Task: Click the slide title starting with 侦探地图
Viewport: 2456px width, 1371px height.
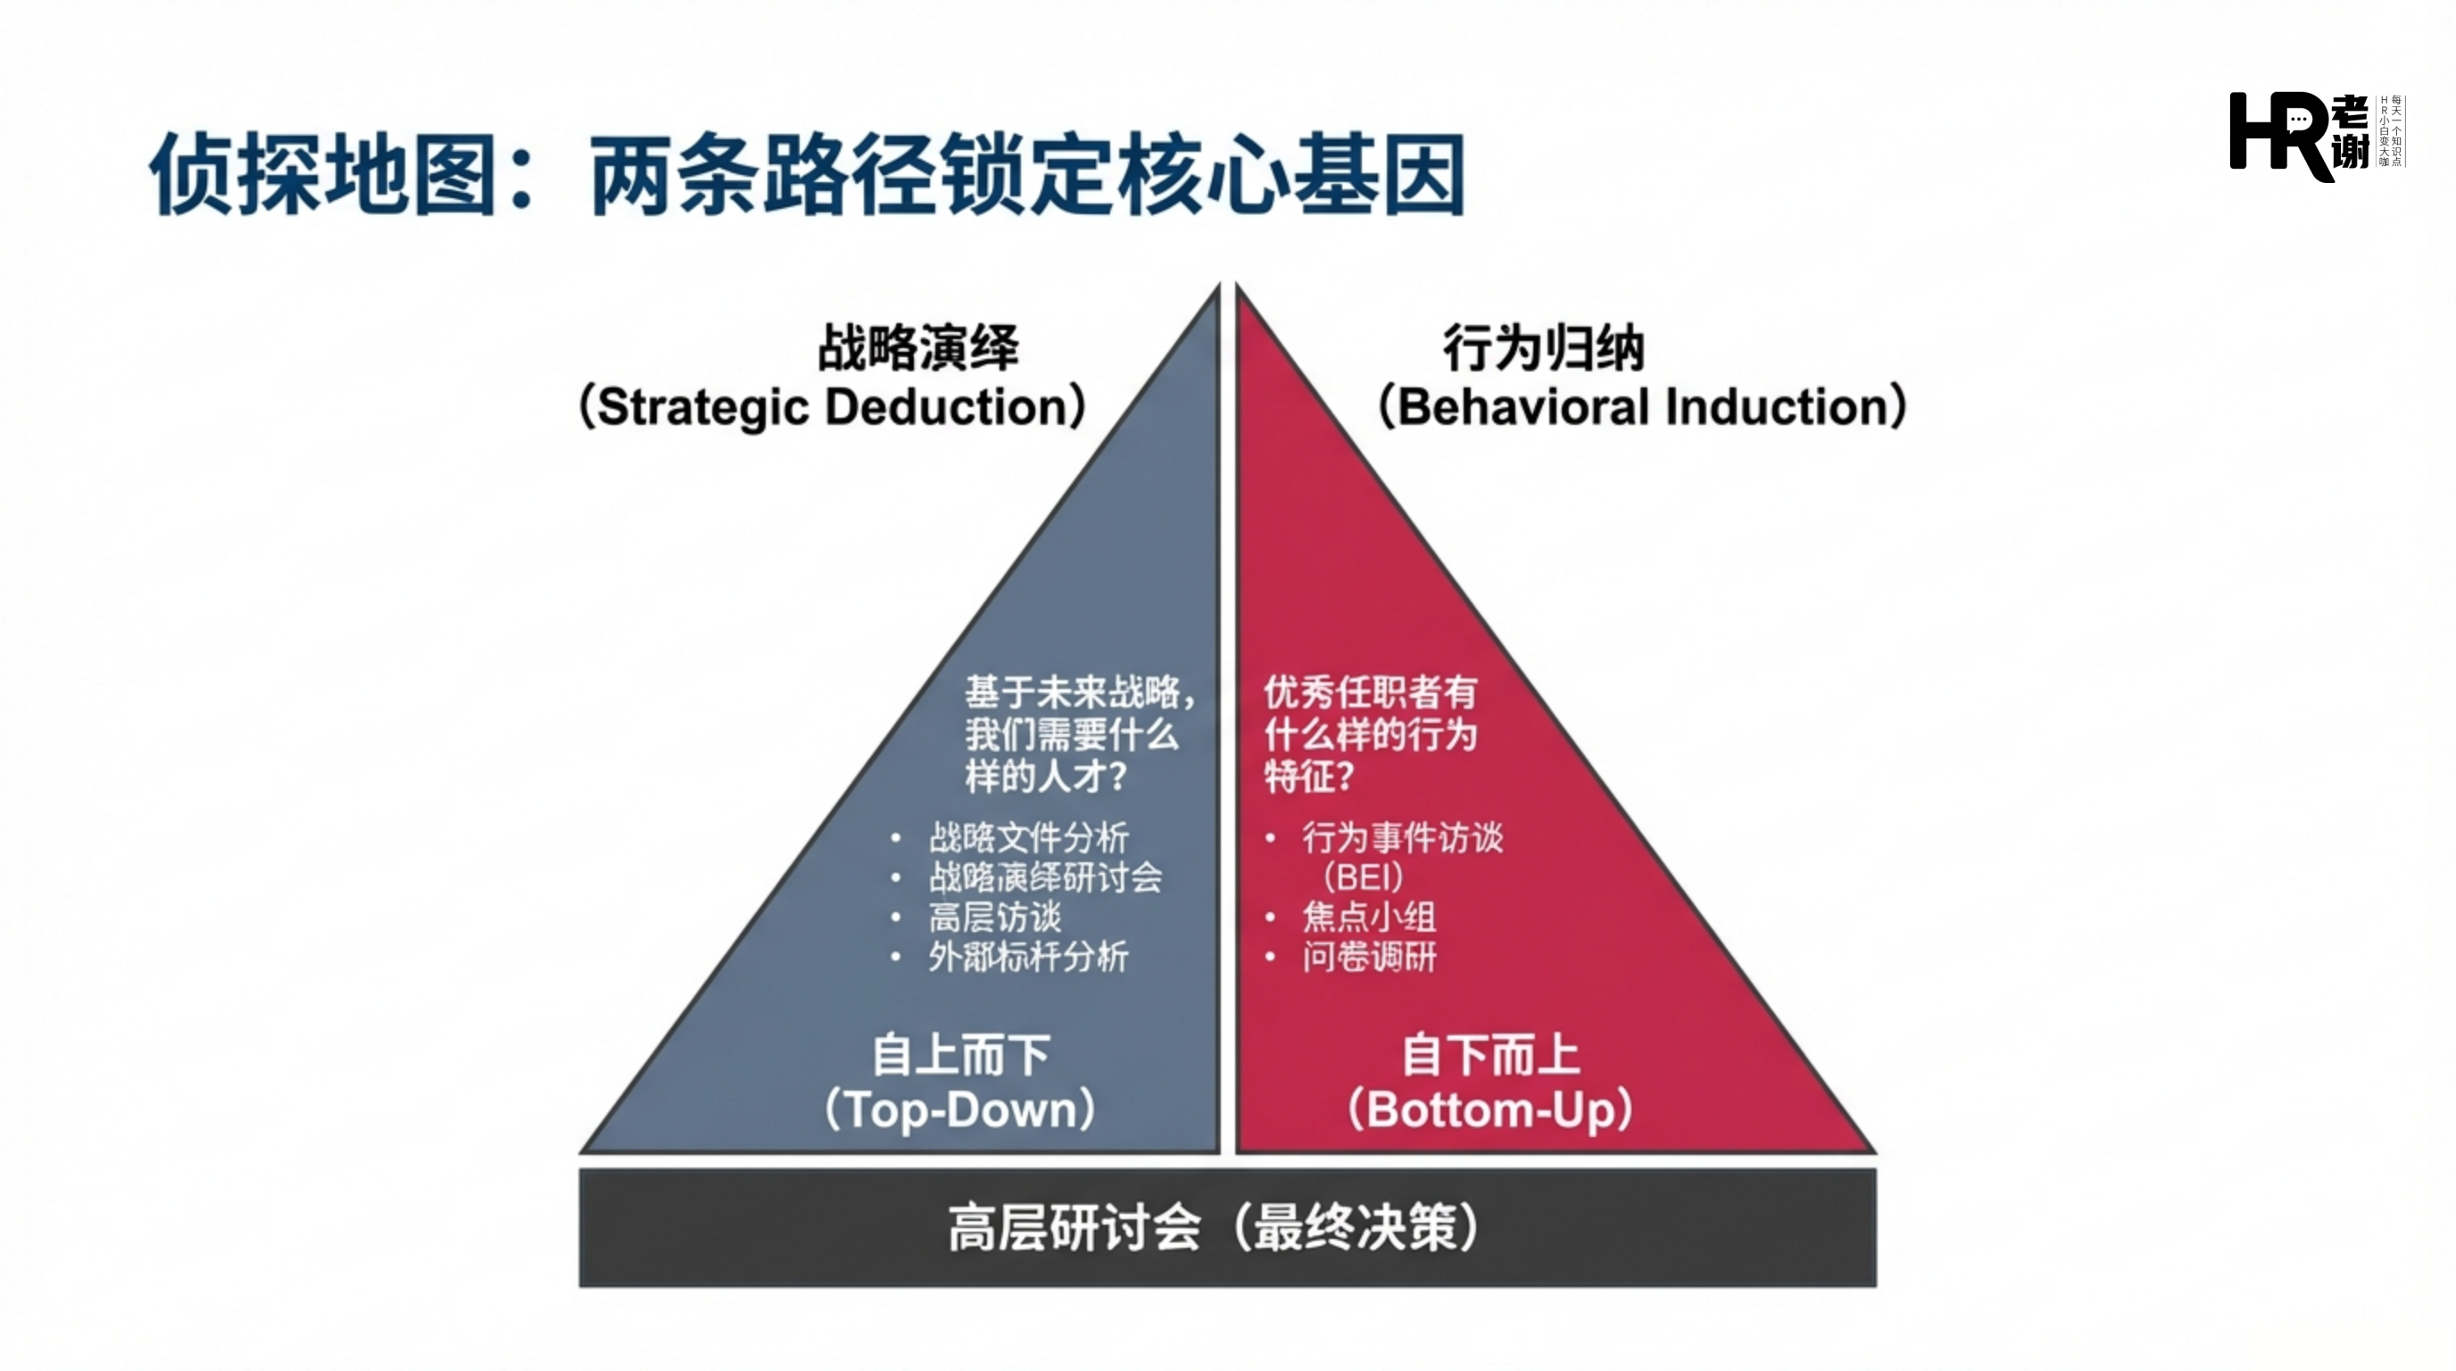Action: tap(807, 174)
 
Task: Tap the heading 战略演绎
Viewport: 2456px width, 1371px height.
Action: tap(918, 347)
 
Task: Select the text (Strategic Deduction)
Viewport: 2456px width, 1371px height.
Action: tap(833, 407)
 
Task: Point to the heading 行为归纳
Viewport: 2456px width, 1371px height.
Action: tap(1544, 347)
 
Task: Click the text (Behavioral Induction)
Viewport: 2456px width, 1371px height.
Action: tap(1642, 407)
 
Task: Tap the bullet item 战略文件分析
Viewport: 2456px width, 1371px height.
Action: tap(1029, 838)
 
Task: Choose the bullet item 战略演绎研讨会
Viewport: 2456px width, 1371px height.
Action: tap(1045, 877)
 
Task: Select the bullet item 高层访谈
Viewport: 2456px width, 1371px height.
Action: tap(994, 918)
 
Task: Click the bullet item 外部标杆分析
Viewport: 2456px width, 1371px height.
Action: tap(1029, 956)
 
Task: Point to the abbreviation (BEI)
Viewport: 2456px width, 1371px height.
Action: tap(1364, 877)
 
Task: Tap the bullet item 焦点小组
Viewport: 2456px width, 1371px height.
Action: tap(1369, 918)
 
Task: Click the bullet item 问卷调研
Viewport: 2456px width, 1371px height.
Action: tap(1369, 956)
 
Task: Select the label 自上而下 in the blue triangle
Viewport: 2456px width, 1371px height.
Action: tap(961, 1055)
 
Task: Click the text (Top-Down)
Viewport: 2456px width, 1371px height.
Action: tap(960, 1109)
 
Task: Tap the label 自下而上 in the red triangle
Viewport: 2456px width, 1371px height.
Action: tap(1490, 1055)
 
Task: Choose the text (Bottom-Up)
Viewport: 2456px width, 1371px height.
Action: tap(1490, 1109)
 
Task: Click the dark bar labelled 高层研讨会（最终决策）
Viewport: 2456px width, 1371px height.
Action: tap(1227, 1228)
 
